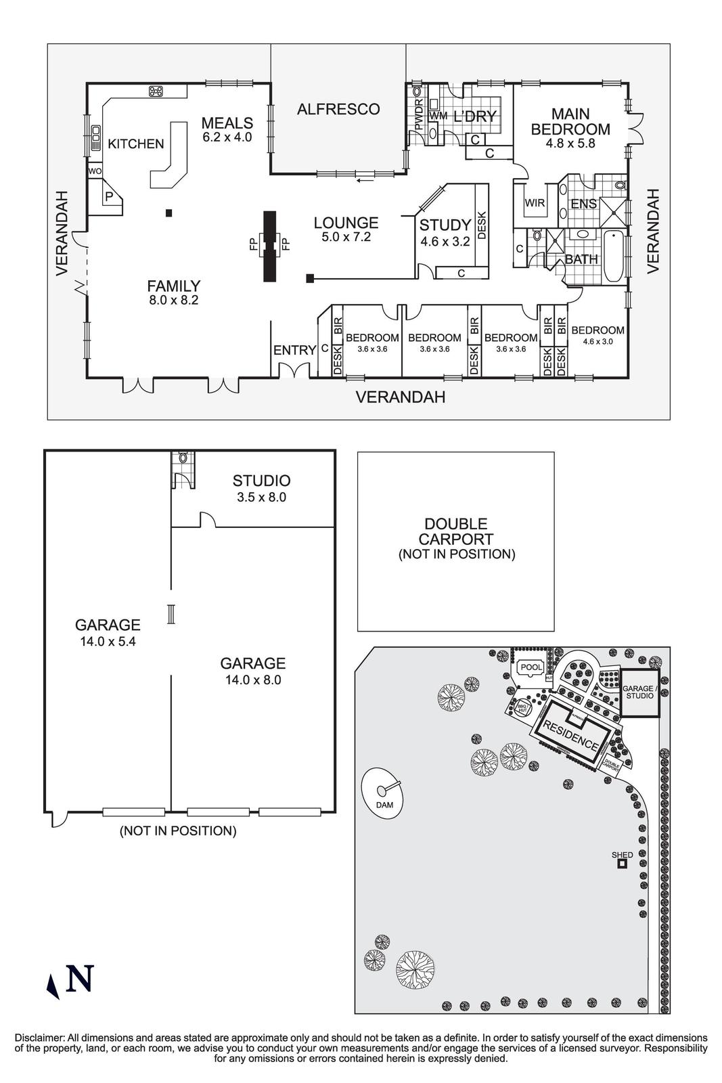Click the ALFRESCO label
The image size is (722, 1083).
[338, 109]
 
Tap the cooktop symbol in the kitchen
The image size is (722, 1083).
[157, 91]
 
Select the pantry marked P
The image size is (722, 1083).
[108, 197]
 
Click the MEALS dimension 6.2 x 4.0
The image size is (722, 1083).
[227, 137]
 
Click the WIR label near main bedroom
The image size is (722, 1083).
[535, 203]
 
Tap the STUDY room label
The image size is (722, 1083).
[445, 225]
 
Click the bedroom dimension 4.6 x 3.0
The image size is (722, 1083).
[597, 342]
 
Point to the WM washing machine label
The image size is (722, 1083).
[438, 116]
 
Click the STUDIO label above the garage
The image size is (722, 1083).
[261, 481]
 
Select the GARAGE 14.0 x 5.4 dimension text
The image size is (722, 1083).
[108, 642]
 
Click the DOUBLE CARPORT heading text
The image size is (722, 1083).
[456, 531]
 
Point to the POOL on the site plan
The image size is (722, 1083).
[531, 667]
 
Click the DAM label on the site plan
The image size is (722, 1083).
[384, 805]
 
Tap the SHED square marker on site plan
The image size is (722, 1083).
[621, 864]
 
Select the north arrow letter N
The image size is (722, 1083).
[80, 979]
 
